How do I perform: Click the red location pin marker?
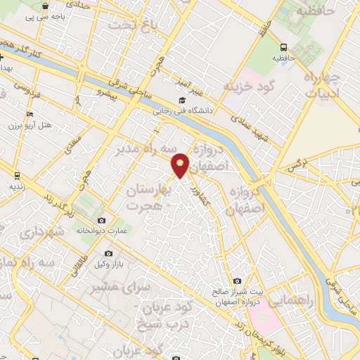pos(181,164)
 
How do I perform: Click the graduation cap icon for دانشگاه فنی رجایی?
pos(181,101)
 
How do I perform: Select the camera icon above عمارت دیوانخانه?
pos(103,221)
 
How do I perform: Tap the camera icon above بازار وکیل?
pos(108,253)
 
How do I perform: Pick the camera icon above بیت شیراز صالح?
pos(236,281)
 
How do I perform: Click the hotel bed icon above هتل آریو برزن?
pos(29,115)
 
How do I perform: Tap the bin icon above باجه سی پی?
pos(46,6)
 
